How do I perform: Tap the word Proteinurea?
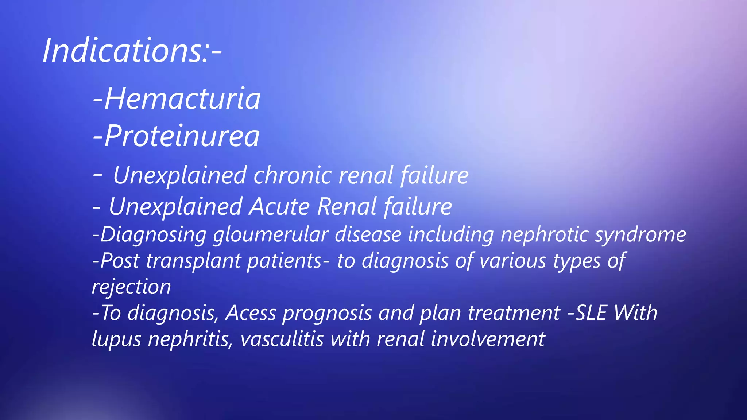coord(182,136)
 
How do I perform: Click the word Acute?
coord(279,207)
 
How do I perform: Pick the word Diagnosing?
coord(153,234)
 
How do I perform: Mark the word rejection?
coord(131,287)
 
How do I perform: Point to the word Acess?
coord(251,313)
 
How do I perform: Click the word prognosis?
coord(327,313)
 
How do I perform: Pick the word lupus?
coord(116,339)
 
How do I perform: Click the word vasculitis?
coord(282,339)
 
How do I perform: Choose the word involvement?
coord(488,339)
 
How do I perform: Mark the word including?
coord(451,234)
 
